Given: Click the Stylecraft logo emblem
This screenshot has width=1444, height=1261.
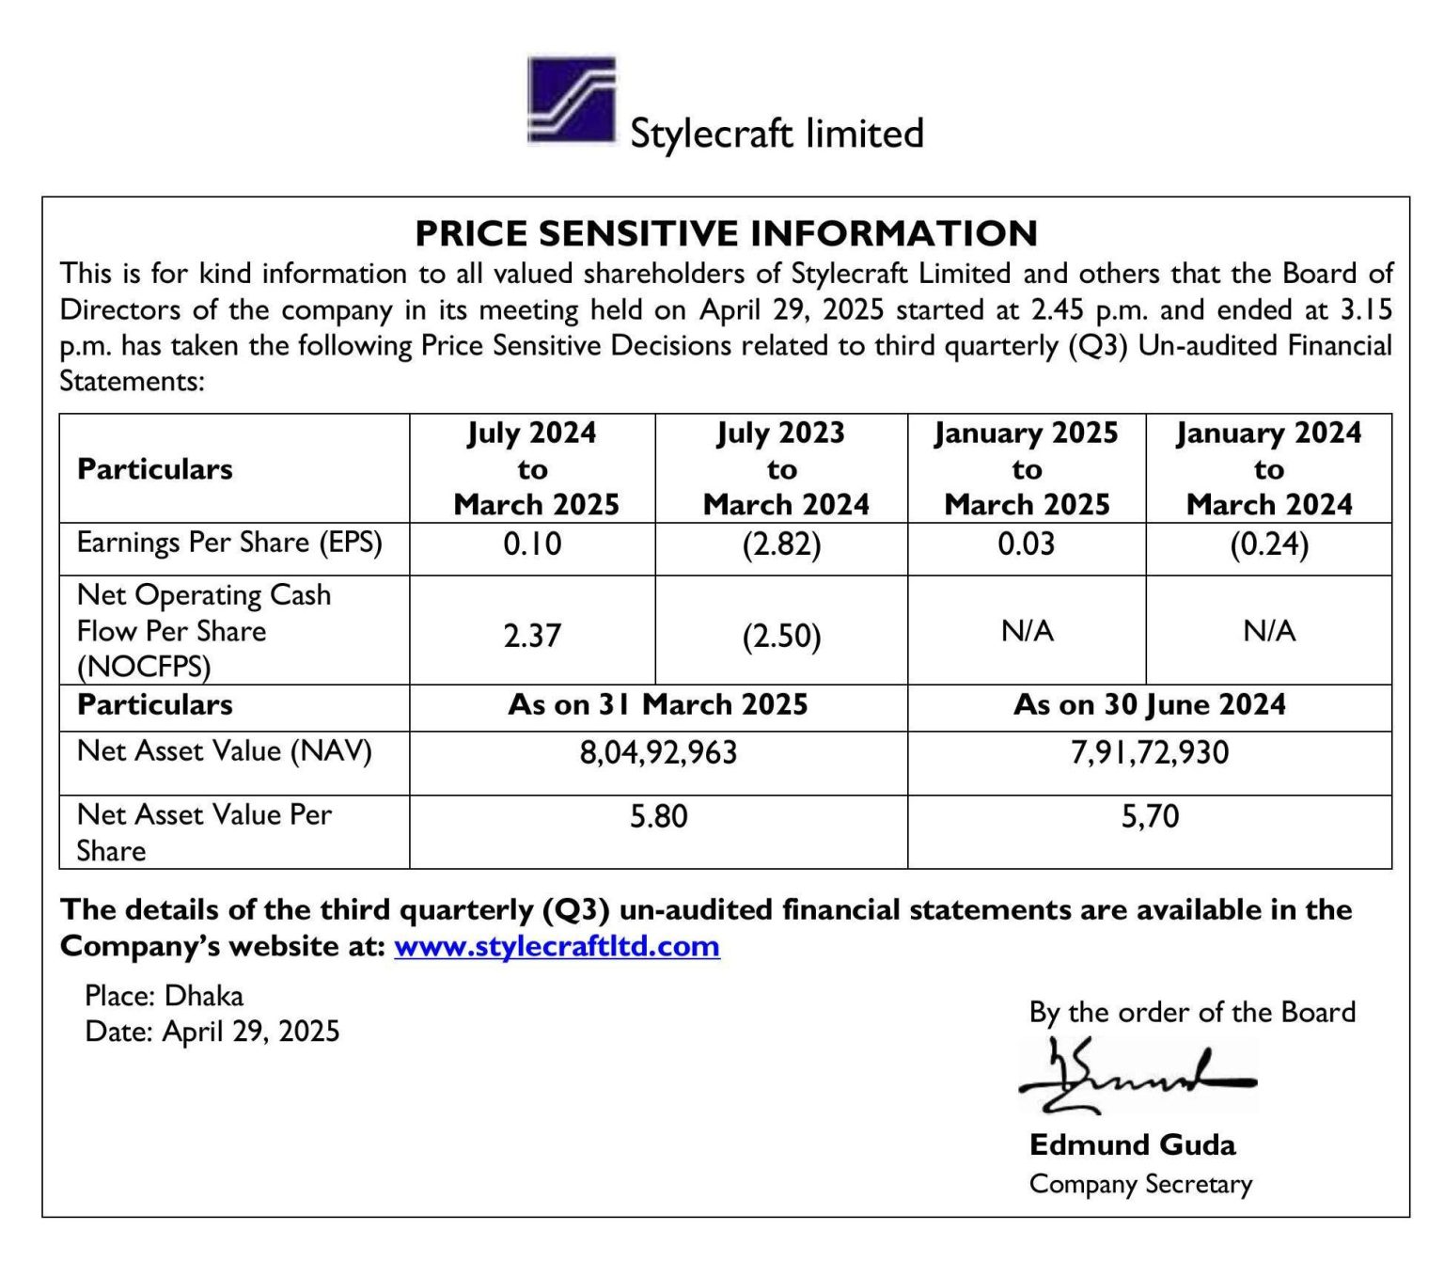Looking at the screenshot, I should [572, 101].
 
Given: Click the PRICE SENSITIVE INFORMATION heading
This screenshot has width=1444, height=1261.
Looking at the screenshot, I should [726, 233].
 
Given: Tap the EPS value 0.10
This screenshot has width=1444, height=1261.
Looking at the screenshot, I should [532, 544].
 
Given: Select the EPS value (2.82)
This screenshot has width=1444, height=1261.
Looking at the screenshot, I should [781, 545].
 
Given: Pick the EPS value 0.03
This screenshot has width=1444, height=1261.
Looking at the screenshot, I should [1026, 544].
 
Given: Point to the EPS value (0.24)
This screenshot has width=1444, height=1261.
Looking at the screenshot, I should [1268, 545].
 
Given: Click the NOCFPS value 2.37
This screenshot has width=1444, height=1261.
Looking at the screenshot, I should [532, 636].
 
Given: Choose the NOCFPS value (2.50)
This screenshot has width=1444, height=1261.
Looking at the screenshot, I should [781, 637].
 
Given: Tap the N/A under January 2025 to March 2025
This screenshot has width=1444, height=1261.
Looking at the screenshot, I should [1027, 631].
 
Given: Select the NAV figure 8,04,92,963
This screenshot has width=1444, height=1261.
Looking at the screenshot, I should [658, 753].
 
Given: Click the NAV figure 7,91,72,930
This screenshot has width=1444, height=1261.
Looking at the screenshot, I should [1149, 753].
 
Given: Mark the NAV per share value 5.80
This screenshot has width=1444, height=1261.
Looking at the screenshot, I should [658, 816].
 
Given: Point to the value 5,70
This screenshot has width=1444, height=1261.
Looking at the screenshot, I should [1149, 816].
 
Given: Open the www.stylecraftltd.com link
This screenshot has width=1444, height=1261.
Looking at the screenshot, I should [557, 946].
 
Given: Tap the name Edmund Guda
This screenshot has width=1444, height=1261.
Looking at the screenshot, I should [1132, 1144].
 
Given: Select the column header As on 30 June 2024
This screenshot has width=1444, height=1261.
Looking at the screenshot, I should [1149, 705].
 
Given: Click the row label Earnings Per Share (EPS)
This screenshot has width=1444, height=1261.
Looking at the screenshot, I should [229, 544].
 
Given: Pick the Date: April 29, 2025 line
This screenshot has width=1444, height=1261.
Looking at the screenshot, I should [212, 1032].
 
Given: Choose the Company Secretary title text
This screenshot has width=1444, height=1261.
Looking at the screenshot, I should [1140, 1184].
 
